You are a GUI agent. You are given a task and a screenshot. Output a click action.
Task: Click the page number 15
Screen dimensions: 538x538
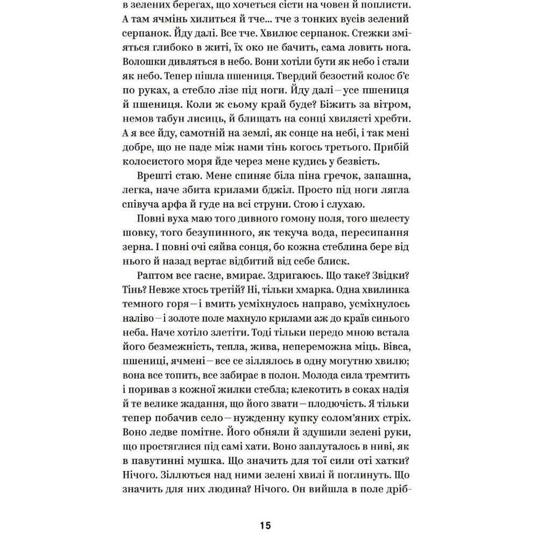coord(265,526)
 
